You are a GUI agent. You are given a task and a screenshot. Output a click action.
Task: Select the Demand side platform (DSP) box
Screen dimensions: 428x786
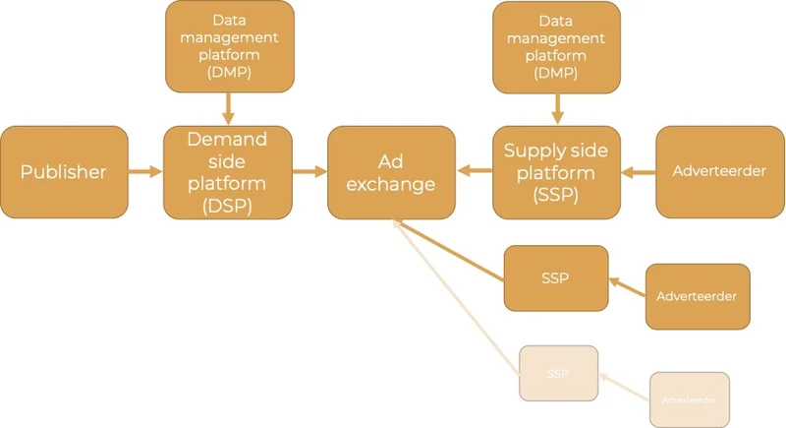(228, 171)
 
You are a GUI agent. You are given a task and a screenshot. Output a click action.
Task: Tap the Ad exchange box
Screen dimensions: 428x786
(392, 171)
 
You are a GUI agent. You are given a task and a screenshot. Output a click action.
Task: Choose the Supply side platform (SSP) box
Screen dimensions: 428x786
(556, 171)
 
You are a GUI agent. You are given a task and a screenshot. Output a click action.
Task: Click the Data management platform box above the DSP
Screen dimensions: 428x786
(228, 46)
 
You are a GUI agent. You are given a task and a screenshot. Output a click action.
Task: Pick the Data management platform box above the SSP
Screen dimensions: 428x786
(556, 46)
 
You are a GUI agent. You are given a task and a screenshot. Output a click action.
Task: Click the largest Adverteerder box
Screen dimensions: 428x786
(719, 171)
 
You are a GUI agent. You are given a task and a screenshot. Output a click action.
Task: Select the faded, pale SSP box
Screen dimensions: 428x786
(558, 374)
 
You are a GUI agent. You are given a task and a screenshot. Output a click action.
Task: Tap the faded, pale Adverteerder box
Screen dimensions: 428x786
(689, 399)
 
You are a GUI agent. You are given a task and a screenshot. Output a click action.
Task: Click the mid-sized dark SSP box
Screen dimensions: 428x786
(556, 277)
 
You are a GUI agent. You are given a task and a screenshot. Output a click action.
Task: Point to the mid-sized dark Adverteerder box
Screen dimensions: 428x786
(698, 296)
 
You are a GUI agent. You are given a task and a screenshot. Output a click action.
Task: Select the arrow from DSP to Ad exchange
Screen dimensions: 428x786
(309, 172)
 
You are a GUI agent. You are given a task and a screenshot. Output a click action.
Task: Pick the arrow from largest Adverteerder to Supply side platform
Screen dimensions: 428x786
(639, 172)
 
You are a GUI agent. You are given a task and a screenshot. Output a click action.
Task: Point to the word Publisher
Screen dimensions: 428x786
(64, 172)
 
